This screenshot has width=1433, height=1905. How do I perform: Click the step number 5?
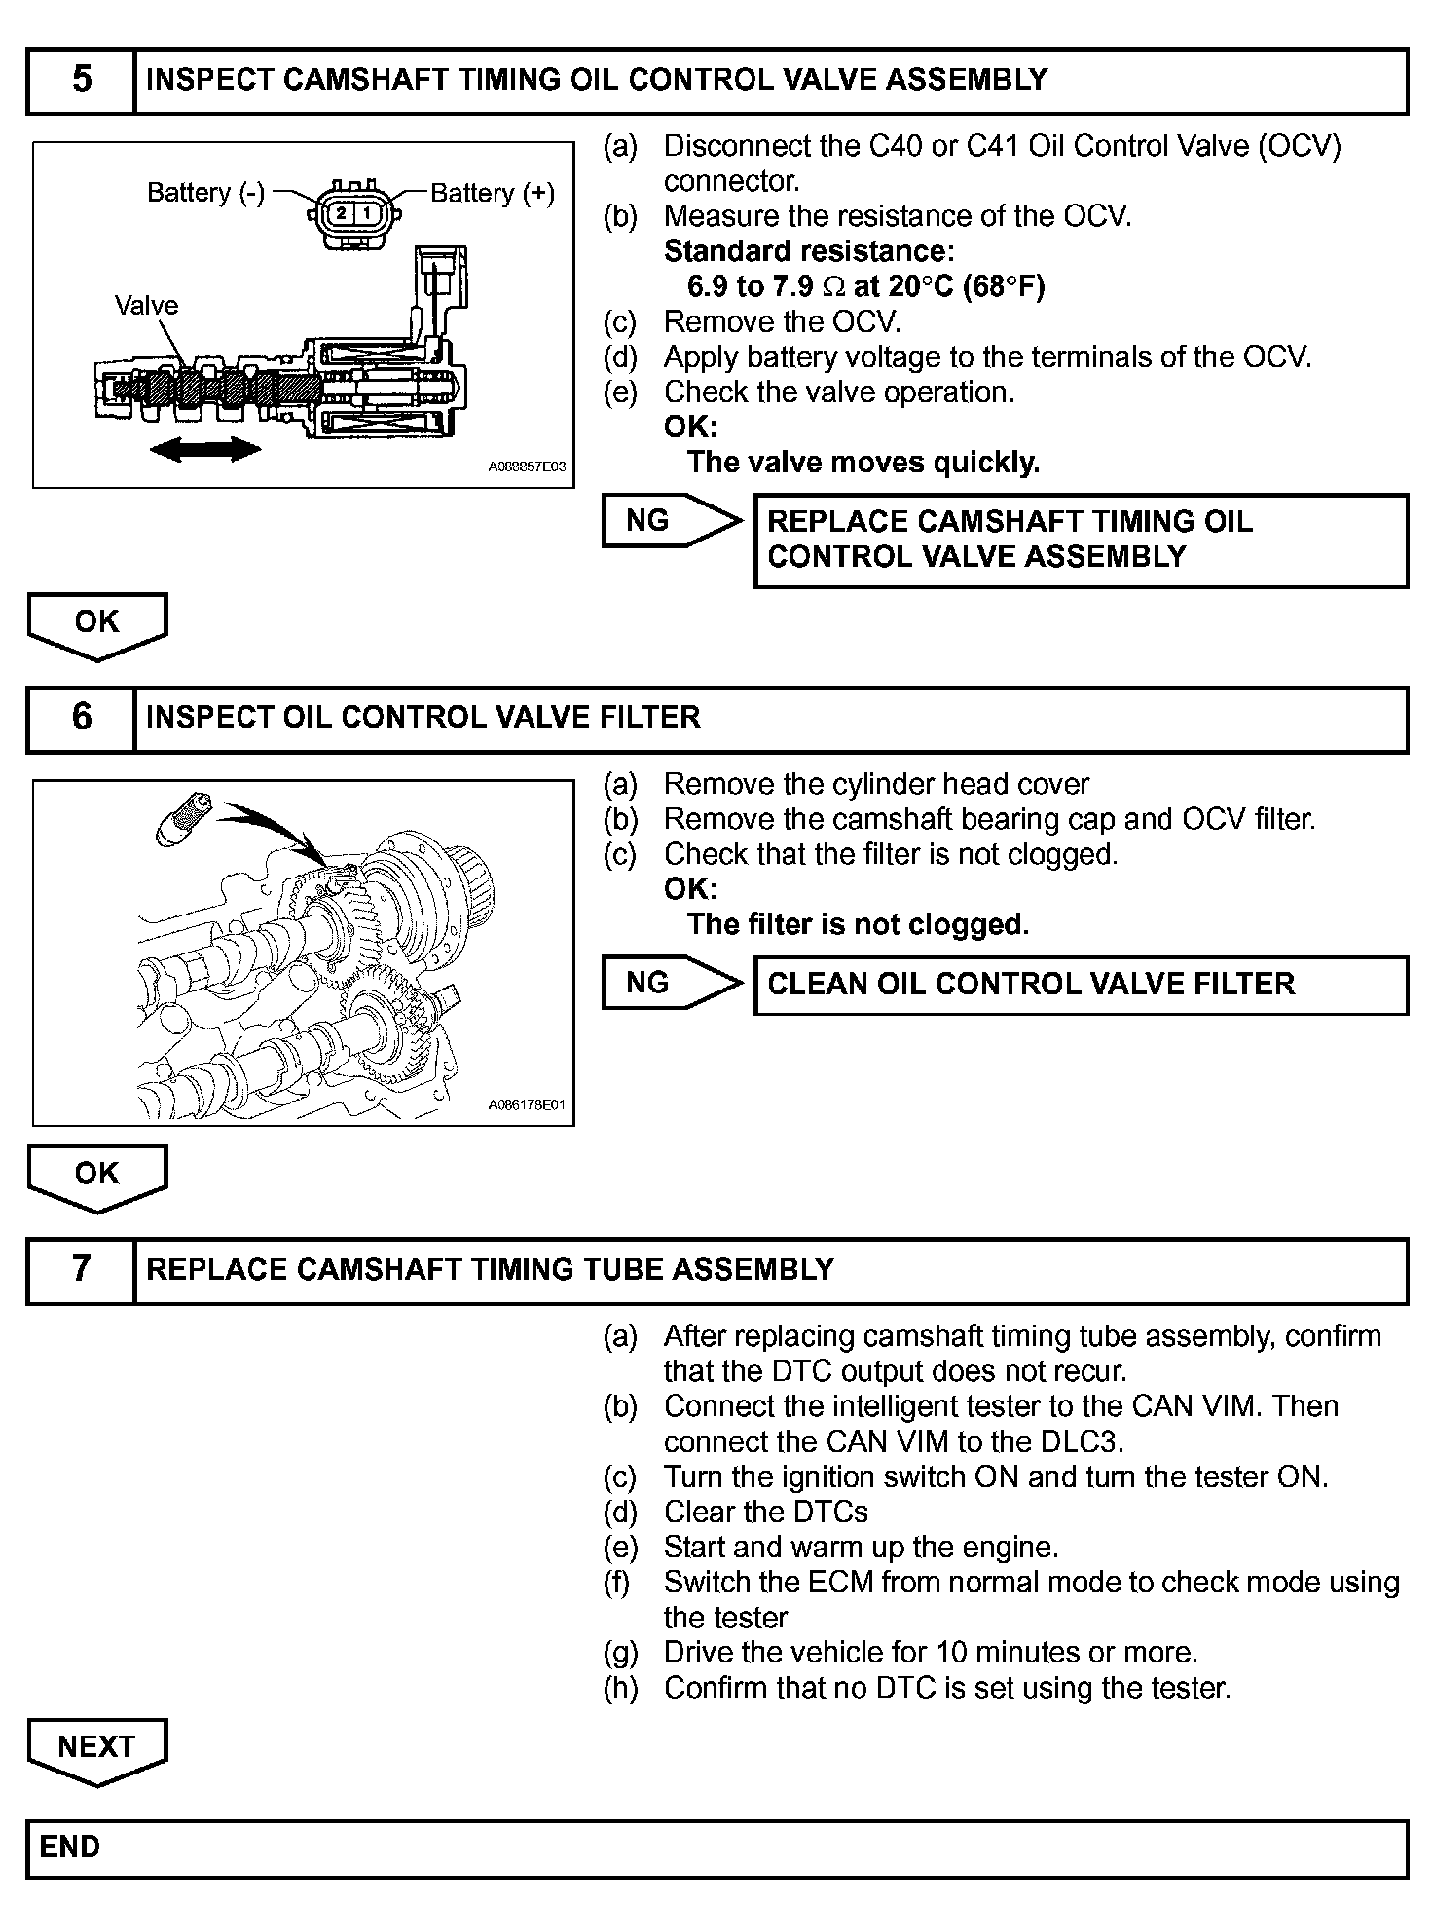click(82, 79)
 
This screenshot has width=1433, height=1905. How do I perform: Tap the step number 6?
click(82, 718)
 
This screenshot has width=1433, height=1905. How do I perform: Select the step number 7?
click(82, 1269)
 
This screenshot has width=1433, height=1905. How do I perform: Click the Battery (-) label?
click(205, 193)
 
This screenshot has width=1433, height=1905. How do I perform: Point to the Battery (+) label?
click(493, 194)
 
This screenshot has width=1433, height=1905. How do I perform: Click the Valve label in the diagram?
click(146, 306)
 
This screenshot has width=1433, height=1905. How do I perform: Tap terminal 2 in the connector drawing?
click(341, 213)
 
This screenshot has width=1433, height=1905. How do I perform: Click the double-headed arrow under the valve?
click(205, 449)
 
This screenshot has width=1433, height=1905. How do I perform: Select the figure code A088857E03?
click(527, 467)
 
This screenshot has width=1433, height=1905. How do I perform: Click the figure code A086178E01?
click(527, 1105)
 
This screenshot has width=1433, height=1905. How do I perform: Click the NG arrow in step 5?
click(670, 521)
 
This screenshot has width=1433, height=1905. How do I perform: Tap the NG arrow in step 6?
click(670, 983)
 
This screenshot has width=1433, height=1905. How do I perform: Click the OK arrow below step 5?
click(96, 624)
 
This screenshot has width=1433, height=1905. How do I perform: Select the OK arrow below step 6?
click(96, 1176)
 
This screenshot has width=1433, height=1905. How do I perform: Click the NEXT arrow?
click(96, 1748)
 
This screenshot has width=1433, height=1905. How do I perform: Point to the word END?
click(70, 1848)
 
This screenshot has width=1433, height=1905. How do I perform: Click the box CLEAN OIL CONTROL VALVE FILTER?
click(1081, 985)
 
